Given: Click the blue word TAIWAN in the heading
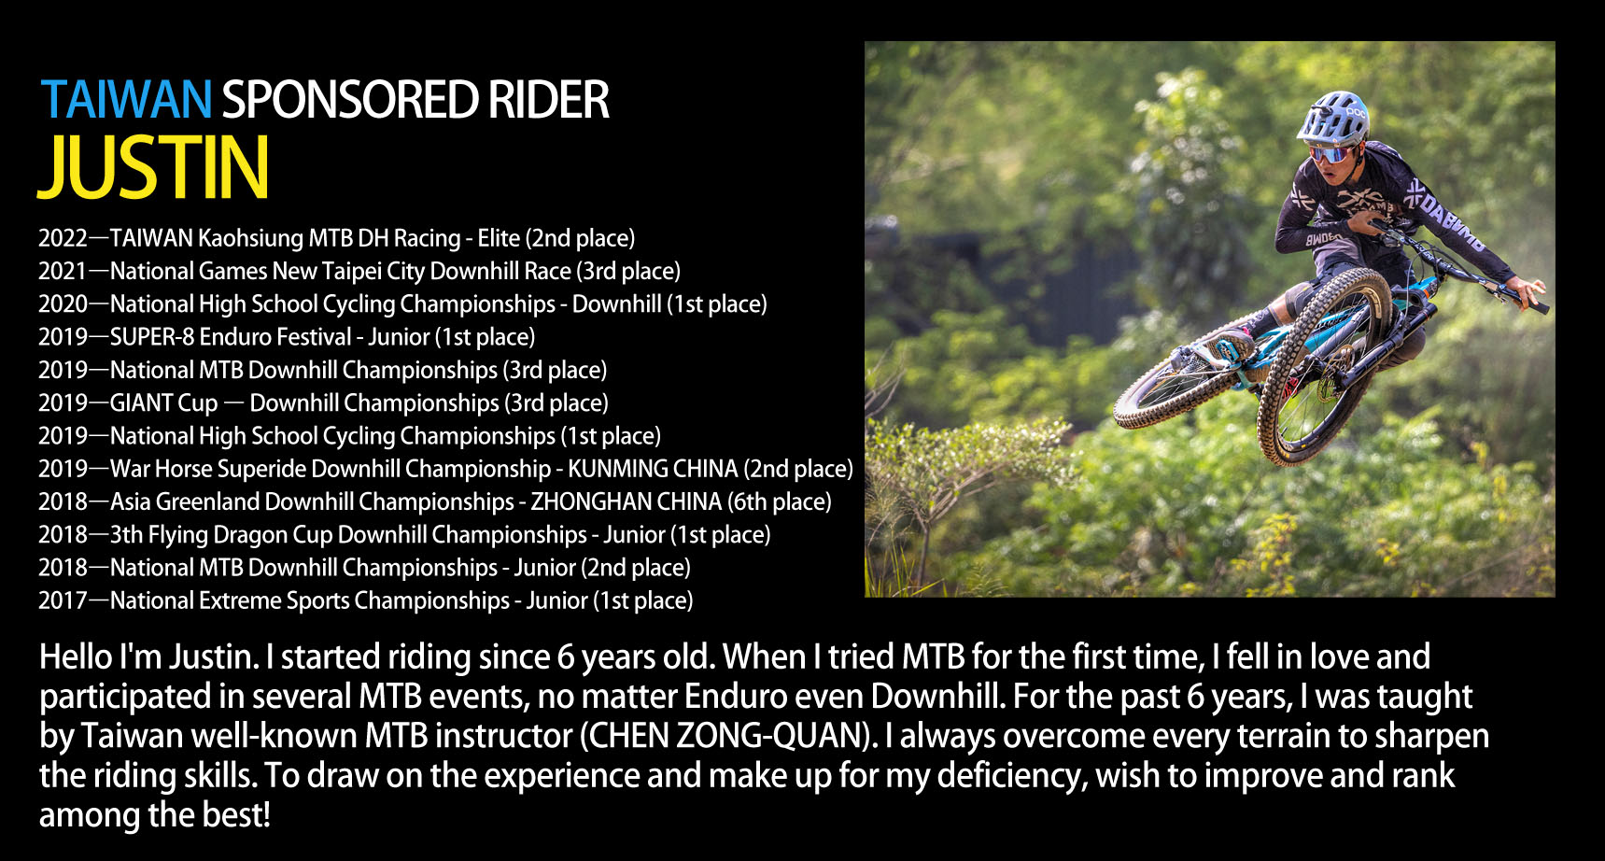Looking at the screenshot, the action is [127, 100].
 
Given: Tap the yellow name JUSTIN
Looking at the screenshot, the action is [154, 168].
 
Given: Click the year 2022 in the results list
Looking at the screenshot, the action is [63, 238].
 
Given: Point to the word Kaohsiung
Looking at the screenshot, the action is [249, 239].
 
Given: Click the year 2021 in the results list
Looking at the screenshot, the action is [63, 271].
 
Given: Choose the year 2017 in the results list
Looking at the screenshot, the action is [63, 600].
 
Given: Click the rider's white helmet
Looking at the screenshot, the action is [1332, 117].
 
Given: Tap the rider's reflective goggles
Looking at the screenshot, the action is [1331, 153].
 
